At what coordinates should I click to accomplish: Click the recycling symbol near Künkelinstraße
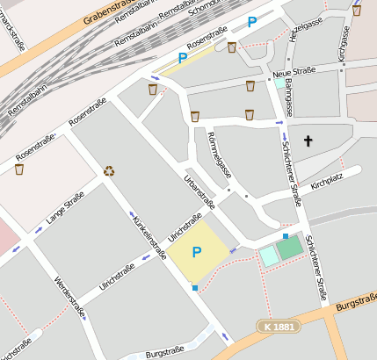(x=109, y=171)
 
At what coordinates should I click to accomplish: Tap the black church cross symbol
(x=308, y=140)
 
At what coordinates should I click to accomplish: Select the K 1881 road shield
(x=279, y=326)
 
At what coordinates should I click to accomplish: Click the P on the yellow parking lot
(x=197, y=252)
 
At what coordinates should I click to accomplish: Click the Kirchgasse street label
(x=343, y=42)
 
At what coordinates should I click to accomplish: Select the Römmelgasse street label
(x=219, y=156)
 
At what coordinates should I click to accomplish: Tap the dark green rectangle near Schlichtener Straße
(x=289, y=248)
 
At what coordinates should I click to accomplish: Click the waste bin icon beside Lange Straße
(x=19, y=169)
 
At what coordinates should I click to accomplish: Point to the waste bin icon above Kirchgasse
(x=356, y=11)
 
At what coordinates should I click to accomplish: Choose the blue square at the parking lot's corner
(x=195, y=286)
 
